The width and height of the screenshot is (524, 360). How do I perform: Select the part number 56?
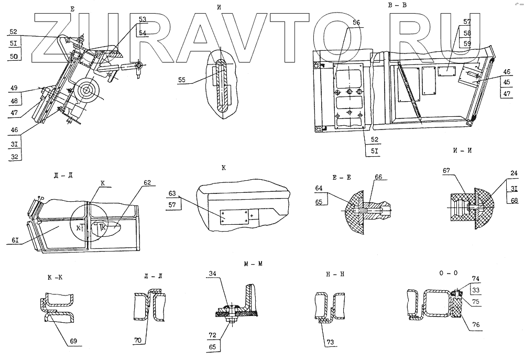pos(356,23)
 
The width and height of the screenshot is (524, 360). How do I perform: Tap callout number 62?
pos(148,182)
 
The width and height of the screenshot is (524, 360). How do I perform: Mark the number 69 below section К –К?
pos(73,341)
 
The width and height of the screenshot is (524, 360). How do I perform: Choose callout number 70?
pos(137,341)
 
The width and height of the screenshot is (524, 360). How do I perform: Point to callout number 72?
pos(213,334)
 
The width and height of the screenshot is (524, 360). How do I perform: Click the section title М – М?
pos(253,264)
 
